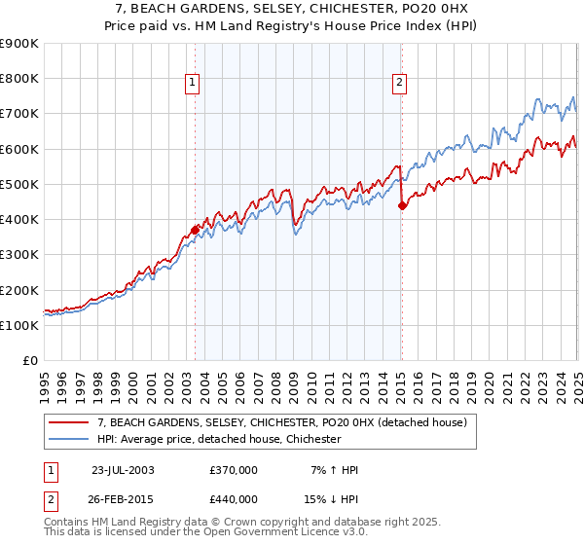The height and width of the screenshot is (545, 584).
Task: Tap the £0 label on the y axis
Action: coord(30,361)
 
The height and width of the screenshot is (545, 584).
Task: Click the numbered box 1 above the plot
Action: coord(195,84)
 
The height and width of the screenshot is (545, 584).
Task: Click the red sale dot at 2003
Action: coord(195,230)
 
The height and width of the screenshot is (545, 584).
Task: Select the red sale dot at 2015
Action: coord(402,204)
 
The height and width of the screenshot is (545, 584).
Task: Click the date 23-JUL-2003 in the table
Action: coord(123,470)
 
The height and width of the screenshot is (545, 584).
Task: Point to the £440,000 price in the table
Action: coord(233,498)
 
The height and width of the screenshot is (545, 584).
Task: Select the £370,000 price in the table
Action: coord(233,470)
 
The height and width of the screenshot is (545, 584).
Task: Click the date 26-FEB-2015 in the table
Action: coord(123,498)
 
